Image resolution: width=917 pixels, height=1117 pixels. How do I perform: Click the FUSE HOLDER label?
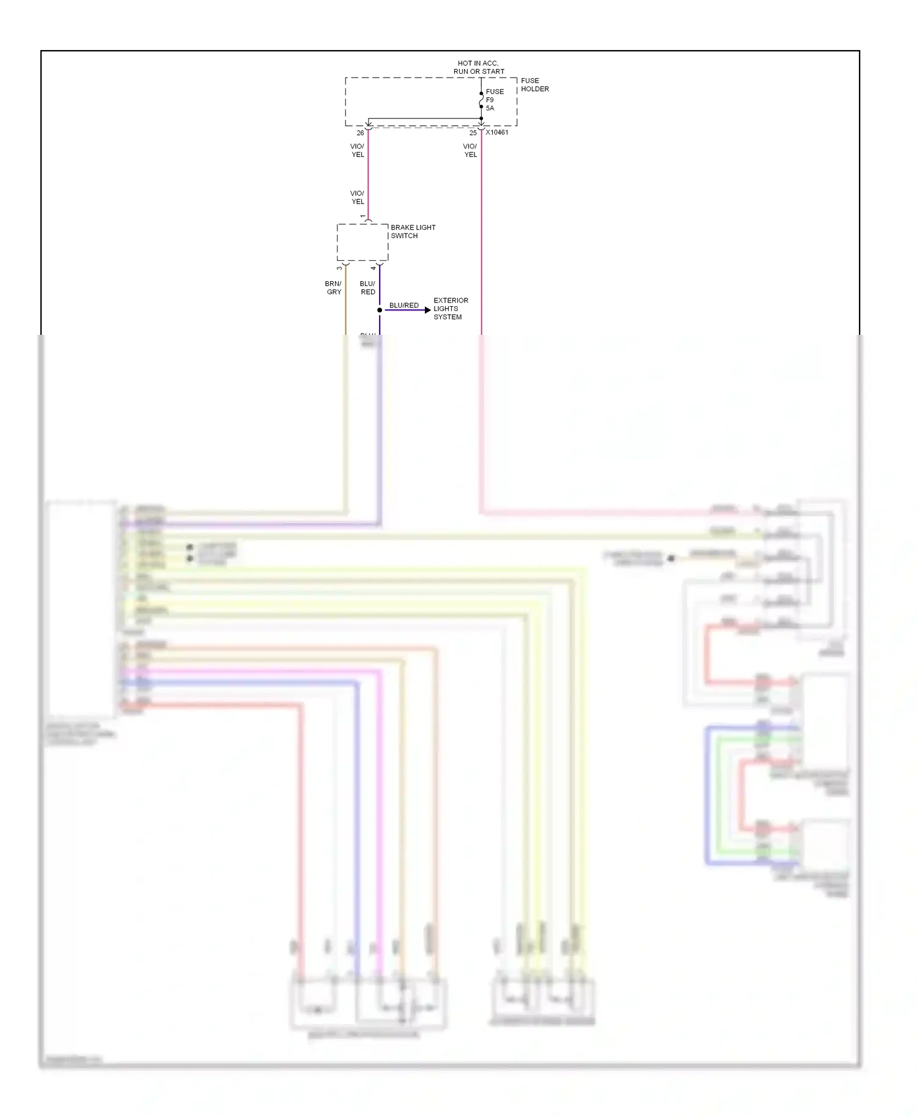click(534, 85)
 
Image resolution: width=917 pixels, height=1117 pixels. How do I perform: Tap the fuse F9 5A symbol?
click(481, 100)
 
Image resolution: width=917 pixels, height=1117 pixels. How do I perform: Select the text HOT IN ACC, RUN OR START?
click(479, 67)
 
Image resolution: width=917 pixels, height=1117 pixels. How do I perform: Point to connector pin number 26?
click(360, 133)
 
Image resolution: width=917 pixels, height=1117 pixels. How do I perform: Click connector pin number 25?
click(473, 133)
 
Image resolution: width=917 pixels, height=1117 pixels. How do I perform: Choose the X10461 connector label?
click(497, 132)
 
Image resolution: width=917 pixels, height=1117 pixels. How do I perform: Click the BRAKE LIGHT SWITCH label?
click(413, 232)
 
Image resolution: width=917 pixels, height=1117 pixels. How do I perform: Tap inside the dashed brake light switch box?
click(363, 243)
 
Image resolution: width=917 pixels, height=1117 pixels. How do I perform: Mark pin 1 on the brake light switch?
click(363, 216)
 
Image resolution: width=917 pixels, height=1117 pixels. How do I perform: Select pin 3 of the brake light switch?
click(340, 268)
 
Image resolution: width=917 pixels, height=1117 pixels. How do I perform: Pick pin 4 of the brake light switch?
click(374, 268)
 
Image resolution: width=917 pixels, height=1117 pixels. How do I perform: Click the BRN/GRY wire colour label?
click(333, 288)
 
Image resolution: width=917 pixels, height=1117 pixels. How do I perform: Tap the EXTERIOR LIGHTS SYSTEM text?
click(451, 309)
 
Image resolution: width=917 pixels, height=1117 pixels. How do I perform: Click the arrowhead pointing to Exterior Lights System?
click(427, 310)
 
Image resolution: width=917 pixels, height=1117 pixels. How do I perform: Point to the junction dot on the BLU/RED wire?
click(380, 310)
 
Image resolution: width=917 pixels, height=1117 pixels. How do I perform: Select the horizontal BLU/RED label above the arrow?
click(403, 305)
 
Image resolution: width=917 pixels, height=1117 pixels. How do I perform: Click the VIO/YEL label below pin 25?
click(470, 150)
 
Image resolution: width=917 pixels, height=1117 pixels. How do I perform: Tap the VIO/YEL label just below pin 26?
click(357, 150)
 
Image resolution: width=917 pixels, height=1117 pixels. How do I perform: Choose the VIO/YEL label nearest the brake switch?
click(357, 197)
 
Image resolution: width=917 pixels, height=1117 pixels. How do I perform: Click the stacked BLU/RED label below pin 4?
click(367, 288)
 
